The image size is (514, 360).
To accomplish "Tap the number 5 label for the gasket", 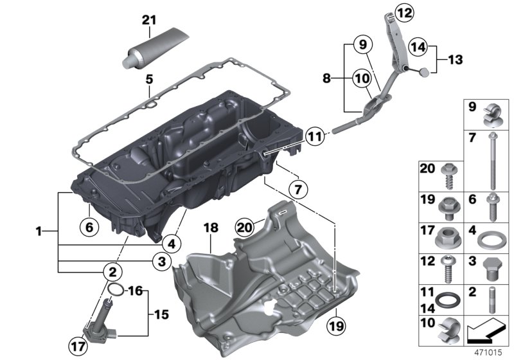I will point(149,80).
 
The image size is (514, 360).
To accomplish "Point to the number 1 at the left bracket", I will point(40,230).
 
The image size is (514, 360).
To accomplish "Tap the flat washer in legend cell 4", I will point(492,242).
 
